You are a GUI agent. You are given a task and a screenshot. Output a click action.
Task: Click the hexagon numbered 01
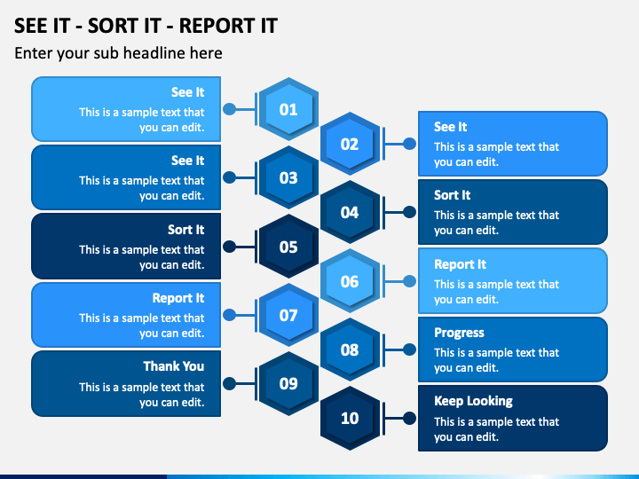coord(288,110)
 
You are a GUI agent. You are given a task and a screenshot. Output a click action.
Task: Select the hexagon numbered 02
coord(350,144)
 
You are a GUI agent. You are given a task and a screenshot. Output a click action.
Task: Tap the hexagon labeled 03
coord(288,177)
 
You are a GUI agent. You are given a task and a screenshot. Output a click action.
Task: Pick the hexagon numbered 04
coord(350,212)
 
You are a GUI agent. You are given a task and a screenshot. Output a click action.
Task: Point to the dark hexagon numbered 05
coord(288,247)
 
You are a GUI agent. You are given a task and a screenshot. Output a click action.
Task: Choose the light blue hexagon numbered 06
coord(350,281)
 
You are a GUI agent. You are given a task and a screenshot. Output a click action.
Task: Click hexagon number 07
coord(288,315)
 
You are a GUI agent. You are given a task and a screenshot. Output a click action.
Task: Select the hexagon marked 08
coord(350,349)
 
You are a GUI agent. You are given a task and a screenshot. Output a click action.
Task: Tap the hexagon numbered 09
coord(288,384)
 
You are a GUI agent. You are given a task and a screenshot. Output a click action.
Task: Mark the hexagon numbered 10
coord(350,418)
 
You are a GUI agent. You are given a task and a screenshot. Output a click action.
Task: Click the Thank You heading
coord(174,366)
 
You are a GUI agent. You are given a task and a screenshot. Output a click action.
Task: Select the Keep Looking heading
coord(473,401)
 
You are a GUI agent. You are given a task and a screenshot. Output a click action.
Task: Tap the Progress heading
coord(459,333)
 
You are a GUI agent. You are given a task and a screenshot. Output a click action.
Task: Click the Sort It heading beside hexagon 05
coord(185,230)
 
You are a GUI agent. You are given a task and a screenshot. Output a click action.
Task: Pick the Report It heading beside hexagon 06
coord(460,264)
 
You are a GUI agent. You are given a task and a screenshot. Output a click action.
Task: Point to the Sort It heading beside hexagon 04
coord(452,195)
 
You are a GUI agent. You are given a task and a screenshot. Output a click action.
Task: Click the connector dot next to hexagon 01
coord(229,110)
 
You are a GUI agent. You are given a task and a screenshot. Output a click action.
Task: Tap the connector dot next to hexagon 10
coord(409,418)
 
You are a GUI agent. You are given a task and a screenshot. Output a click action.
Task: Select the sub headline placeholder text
coord(118,53)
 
